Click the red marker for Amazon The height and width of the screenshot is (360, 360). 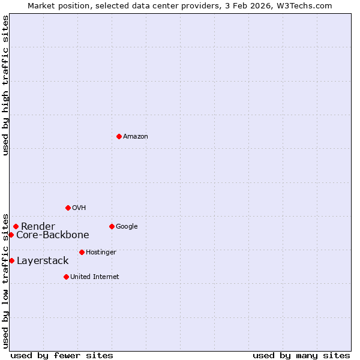pyautogui.click(x=119, y=136)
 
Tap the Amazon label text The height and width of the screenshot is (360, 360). pyautogui.click(x=136, y=137)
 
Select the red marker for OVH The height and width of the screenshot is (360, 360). pyautogui.click(x=68, y=208)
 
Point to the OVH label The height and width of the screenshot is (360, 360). pyautogui.click(x=79, y=208)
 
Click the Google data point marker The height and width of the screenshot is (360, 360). pyautogui.click(x=112, y=226)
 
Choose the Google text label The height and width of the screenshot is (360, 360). pyautogui.click(x=127, y=227)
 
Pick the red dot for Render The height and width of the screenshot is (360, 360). pyautogui.click(x=16, y=226)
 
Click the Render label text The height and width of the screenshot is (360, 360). pyautogui.click(x=38, y=226)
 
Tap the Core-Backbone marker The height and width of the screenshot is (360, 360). pyautogui.click(x=11, y=235)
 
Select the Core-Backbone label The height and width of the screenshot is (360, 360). pyautogui.click(x=53, y=235)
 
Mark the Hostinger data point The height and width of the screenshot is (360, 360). pyautogui.click(x=82, y=252)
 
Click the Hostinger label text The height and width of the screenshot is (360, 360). pyautogui.click(x=101, y=253)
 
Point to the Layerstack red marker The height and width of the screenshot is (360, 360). pyautogui.click(x=11, y=260)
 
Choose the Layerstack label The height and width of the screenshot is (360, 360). pyautogui.click(x=43, y=261)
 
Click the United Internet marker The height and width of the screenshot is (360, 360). pyautogui.click(x=66, y=277)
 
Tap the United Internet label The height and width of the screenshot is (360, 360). pyautogui.click(x=95, y=277)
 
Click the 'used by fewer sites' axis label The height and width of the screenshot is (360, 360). pyautogui.click(x=62, y=355)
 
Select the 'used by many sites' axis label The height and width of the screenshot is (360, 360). pyautogui.click(x=301, y=355)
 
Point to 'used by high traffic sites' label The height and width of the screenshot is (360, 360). pyautogui.click(x=5, y=85)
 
